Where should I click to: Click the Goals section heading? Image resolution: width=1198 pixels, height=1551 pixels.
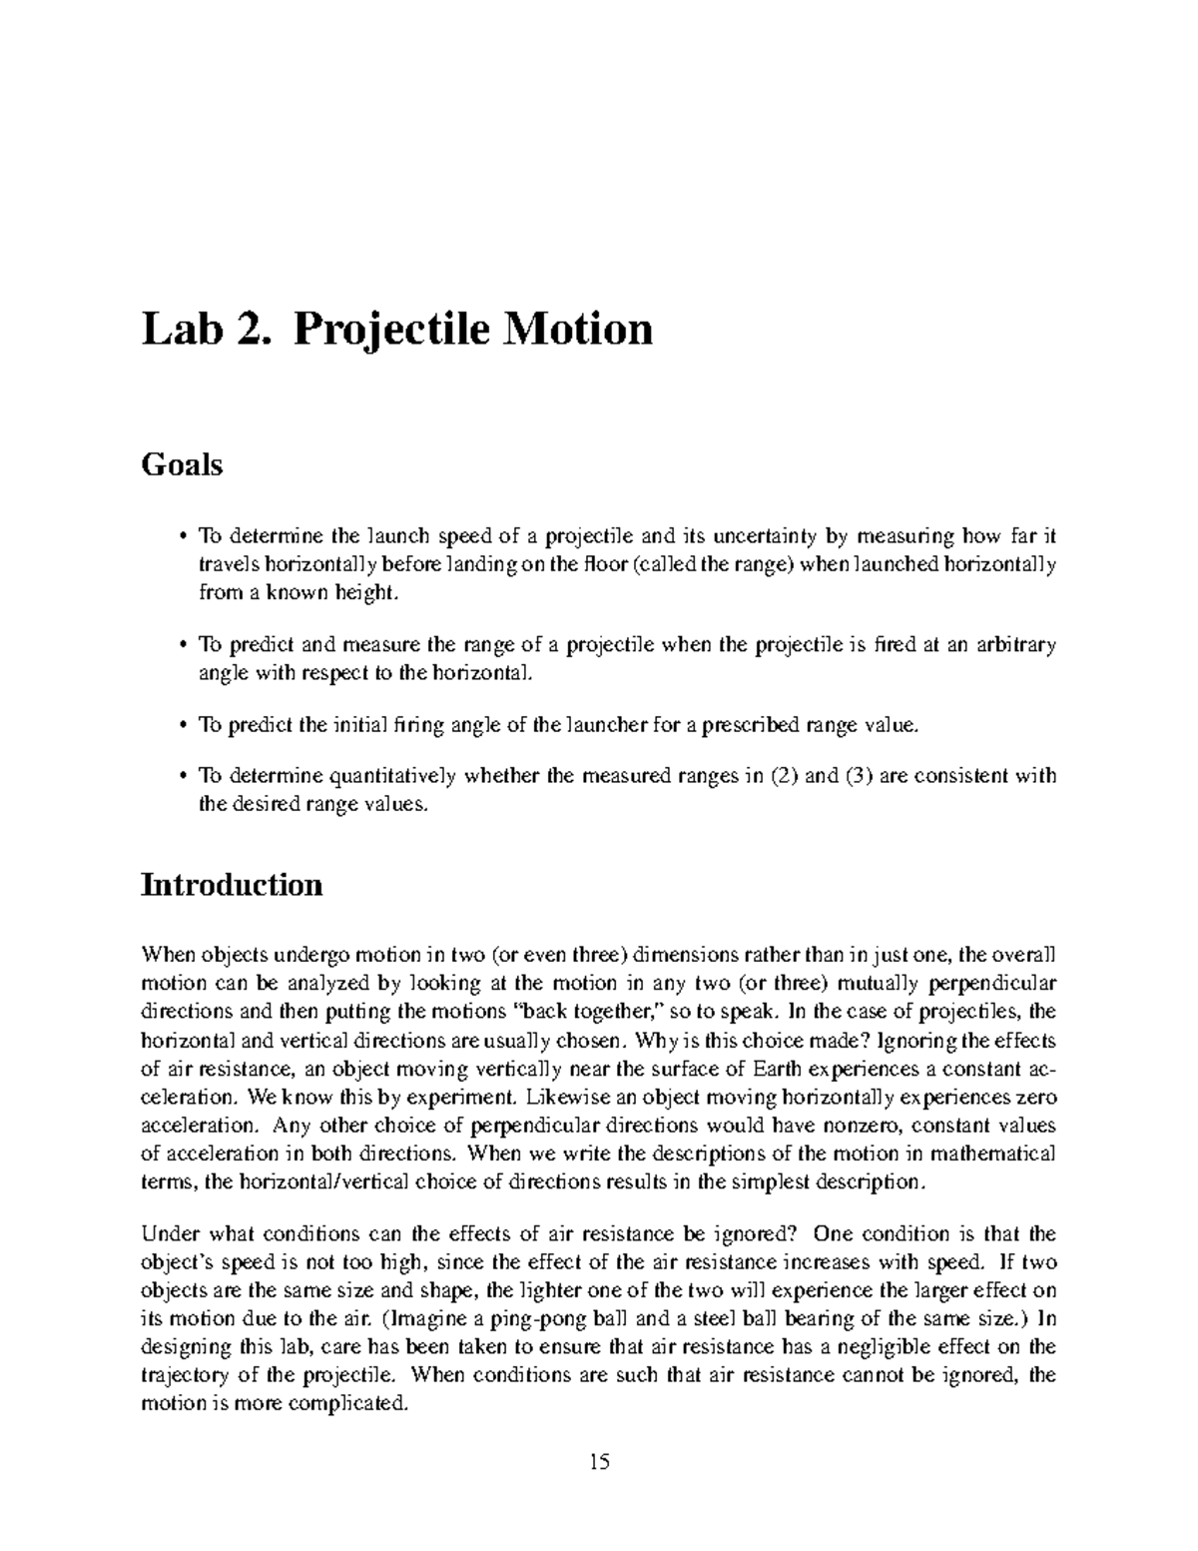[182, 464]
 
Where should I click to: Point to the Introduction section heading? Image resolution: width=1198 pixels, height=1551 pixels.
[232, 885]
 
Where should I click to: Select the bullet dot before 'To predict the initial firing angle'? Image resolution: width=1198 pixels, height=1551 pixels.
[183, 725]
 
